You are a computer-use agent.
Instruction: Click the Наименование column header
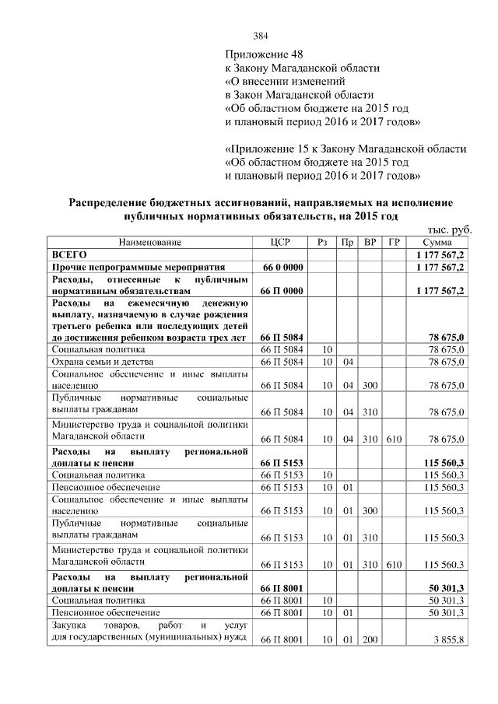click(149, 242)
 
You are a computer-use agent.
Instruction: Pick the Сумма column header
click(437, 242)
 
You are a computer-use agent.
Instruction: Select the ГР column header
click(394, 242)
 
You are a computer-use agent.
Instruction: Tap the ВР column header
click(370, 242)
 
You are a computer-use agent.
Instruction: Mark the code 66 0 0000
click(282, 266)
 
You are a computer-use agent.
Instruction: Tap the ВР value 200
click(370, 640)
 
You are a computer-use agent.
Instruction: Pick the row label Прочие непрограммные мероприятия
click(138, 266)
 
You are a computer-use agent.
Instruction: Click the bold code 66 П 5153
click(282, 463)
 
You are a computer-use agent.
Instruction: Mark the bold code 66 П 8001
click(282, 588)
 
